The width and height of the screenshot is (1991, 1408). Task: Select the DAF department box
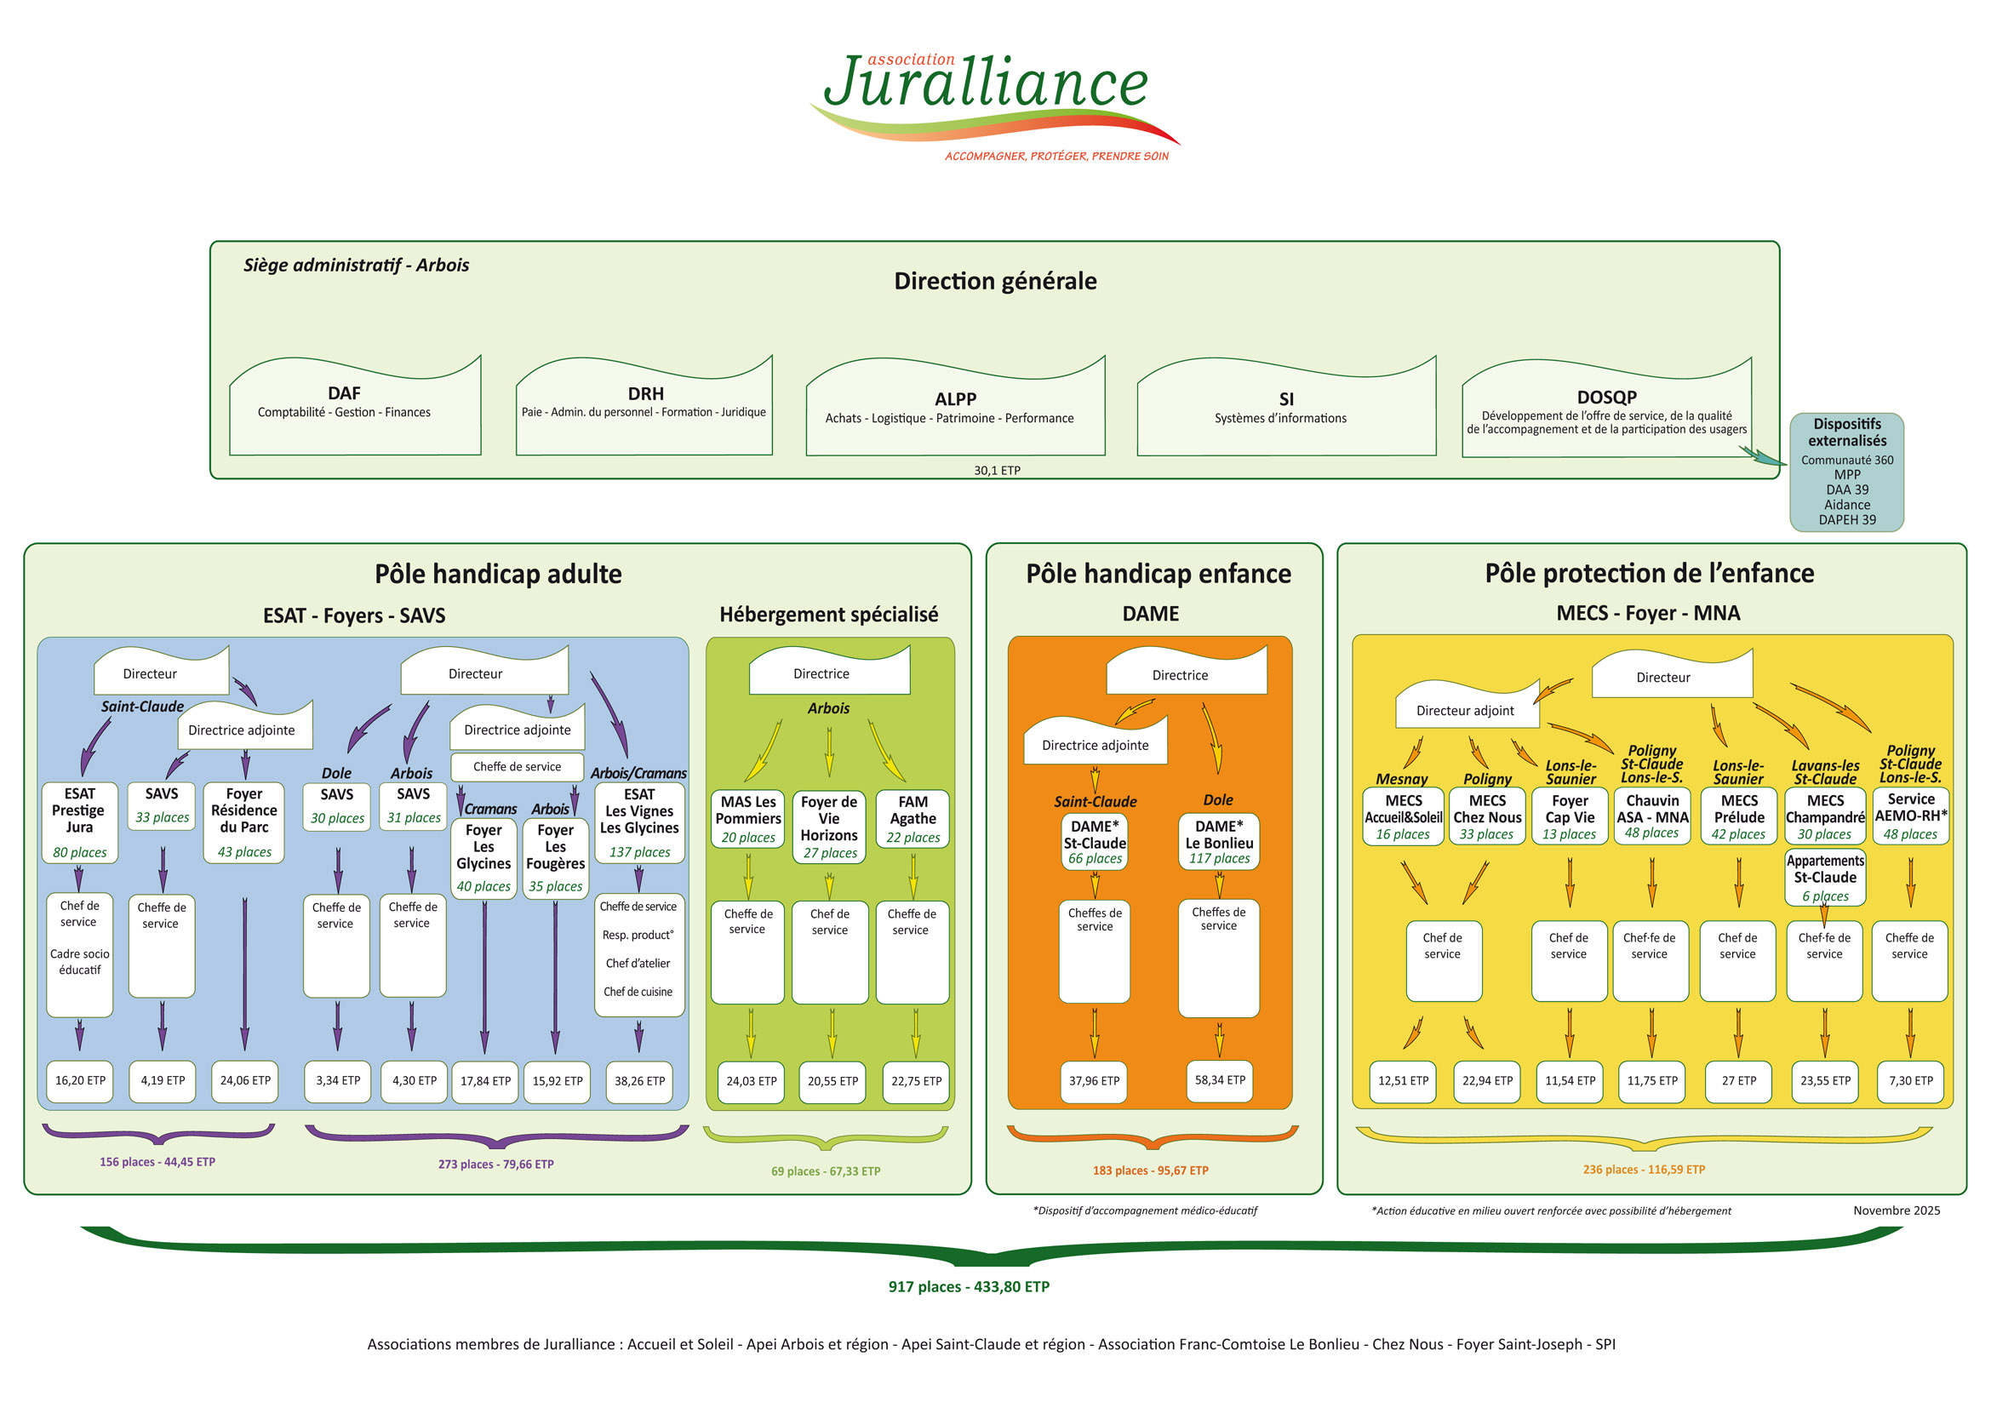pos(354,408)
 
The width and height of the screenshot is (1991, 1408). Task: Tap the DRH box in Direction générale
pos(644,408)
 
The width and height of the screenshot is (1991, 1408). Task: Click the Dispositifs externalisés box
pos(1846,472)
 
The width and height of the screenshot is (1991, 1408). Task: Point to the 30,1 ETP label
pos(997,471)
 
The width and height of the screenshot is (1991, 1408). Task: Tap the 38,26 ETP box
pos(639,1081)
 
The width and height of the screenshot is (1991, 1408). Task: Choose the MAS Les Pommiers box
pos(747,818)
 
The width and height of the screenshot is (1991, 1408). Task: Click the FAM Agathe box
pos(913,818)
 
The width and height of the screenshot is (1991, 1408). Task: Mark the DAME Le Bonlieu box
pos(1218,841)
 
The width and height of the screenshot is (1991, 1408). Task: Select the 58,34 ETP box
pos(1219,1080)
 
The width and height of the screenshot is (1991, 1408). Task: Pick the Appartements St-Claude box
pos(1824,878)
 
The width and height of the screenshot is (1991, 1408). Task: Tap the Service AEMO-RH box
pos(1910,816)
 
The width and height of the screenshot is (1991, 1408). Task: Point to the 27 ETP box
pos(1739,1081)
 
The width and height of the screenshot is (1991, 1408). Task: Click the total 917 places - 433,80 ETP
pos(969,1286)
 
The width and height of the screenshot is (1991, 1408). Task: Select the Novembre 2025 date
pos(1897,1211)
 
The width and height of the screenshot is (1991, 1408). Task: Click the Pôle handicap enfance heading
pos(1158,574)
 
